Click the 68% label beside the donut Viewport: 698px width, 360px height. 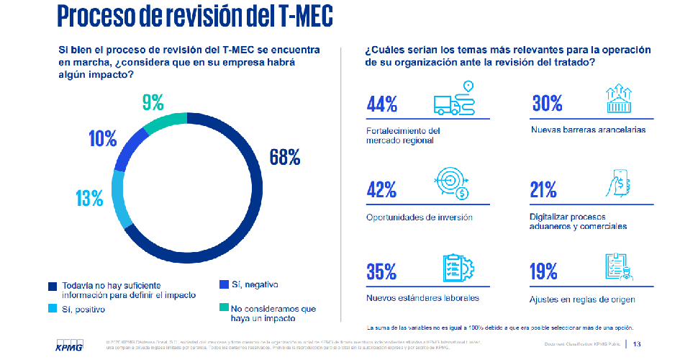point(284,157)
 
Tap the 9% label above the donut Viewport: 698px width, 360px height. point(153,102)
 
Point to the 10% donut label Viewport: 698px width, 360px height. point(103,138)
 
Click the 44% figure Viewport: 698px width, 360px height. point(383,104)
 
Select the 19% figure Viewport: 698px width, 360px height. point(545,272)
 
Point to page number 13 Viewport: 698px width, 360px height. point(636,343)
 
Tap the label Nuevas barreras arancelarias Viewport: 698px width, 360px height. point(589,130)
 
